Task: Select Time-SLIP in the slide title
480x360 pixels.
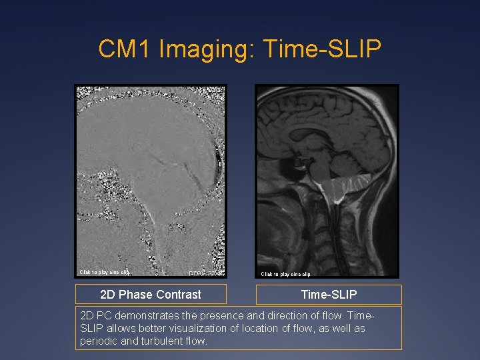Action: pos(323,49)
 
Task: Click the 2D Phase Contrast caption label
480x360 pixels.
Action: pos(151,295)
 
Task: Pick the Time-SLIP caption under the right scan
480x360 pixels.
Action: pos(329,295)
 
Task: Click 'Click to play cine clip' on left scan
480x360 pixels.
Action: pos(105,272)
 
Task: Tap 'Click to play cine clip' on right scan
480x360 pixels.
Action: pos(286,274)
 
